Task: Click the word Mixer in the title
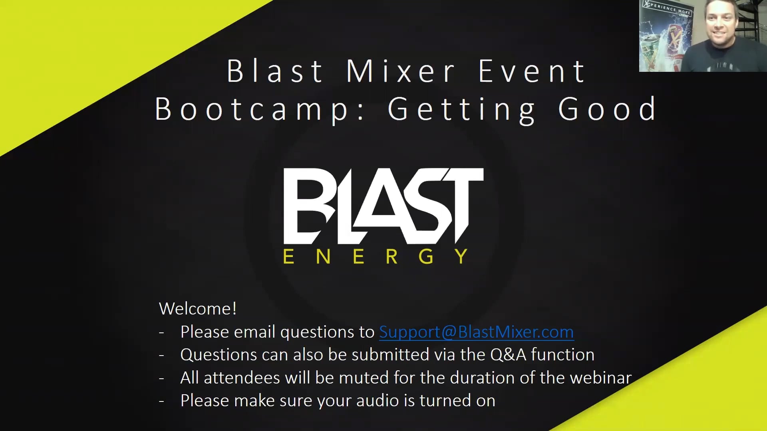click(x=401, y=71)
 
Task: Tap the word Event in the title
click(x=532, y=71)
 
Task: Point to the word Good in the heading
click(x=607, y=109)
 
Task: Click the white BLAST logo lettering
click(x=383, y=206)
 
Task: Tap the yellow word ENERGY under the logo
click(x=375, y=256)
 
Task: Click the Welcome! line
click(x=198, y=308)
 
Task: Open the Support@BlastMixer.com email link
click(x=477, y=332)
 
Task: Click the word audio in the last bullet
click(x=378, y=401)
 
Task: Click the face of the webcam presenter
click(x=720, y=22)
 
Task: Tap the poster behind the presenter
click(x=666, y=36)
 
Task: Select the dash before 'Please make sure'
click(x=161, y=401)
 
